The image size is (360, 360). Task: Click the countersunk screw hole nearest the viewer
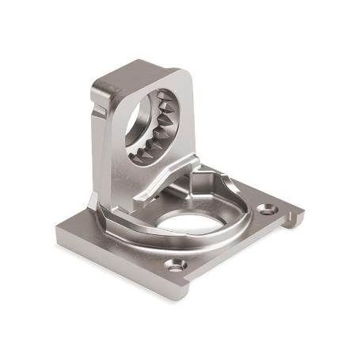point(176,266)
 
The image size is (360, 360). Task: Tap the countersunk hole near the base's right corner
point(268,210)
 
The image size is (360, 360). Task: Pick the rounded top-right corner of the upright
point(188,75)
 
